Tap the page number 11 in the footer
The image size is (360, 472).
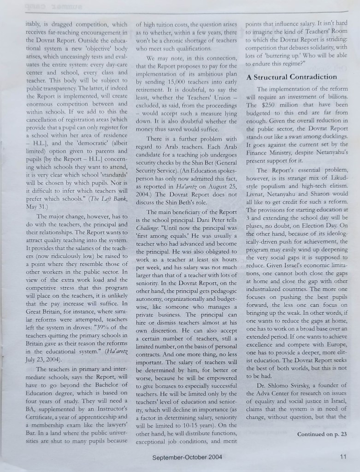coord(342,457)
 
